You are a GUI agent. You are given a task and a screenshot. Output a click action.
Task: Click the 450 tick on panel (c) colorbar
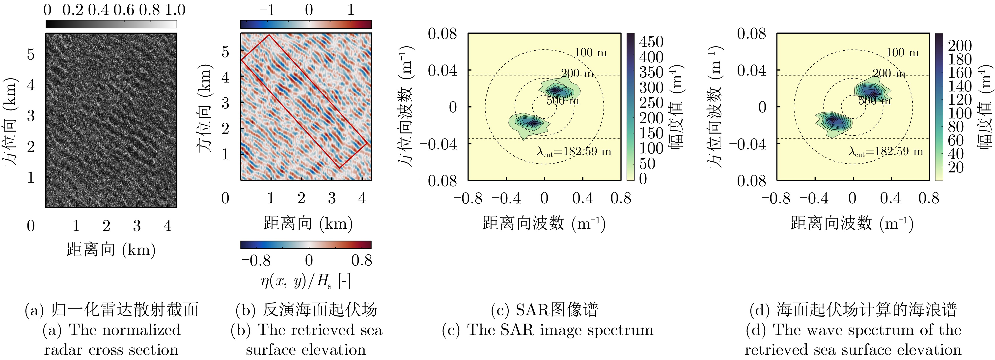pos(651,42)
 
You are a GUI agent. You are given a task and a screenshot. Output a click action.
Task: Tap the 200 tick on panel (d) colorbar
pos(960,46)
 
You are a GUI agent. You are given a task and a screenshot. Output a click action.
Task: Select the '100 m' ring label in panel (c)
pos(591,53)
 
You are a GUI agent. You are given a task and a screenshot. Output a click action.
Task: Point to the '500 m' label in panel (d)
pos(875,101)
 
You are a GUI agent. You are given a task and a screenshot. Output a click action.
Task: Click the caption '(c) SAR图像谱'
pos(544,310)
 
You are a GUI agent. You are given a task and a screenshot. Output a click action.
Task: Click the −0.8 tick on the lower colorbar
pos(256,261)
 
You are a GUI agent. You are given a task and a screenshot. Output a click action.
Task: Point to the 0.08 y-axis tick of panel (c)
pos(442,34)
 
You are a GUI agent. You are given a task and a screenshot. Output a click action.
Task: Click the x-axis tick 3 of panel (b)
pos(332,198)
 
